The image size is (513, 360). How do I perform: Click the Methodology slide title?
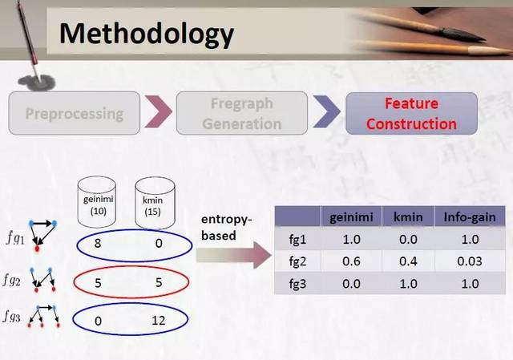tap(146, 34)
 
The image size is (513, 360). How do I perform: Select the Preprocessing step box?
tap(75, 113)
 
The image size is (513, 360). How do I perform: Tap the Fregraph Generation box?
tap(242, 113)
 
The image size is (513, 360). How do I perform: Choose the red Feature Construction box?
tap(411, 113)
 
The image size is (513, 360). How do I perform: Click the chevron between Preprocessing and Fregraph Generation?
tap(158, 111)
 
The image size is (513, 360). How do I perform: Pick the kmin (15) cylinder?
tap(155, 203)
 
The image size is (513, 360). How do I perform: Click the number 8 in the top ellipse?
tap(98, 244)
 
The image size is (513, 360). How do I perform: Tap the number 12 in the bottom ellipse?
tap(159, 321)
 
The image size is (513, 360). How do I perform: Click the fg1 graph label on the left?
tap(15, 238)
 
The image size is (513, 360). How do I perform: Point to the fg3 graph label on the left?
tap(12, 317)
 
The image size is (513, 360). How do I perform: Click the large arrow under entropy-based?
tap(233, 255)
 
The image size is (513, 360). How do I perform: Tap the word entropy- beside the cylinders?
tap(227, 220)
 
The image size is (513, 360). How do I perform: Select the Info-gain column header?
tap(470, 217)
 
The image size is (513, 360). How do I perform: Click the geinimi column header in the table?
tap(351, 217)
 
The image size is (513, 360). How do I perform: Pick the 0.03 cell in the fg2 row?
tap(470, 261)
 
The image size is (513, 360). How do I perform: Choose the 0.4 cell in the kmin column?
tap(408, 261)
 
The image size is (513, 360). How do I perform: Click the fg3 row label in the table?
tap(297, 283)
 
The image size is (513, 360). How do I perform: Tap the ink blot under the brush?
tap(37, 83)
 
